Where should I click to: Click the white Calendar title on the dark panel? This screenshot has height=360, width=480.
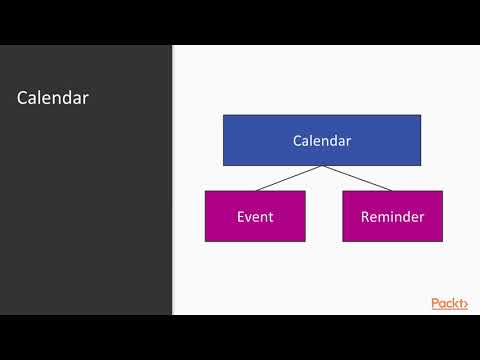click(53, 98)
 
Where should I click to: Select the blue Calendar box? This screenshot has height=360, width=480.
click(321, 140)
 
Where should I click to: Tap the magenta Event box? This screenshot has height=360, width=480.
click(255, 216)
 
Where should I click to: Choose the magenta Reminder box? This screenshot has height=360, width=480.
click(392, 216)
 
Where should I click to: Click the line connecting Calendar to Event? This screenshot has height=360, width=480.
click(288, 178)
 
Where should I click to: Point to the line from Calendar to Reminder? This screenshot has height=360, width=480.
click(356, 178)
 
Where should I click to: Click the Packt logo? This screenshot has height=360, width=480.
click(449, 304)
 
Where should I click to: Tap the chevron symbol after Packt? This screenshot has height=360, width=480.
click(464, 304)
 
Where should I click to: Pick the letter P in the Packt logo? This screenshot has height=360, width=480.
click(435, 304)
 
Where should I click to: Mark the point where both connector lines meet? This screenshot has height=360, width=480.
click(322, 166)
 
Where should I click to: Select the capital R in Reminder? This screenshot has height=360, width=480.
click(365, 216)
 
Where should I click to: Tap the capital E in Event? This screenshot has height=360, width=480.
click(241, 216)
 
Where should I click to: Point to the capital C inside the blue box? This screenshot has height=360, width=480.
click(297, 141)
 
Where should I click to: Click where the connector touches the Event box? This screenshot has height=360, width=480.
click(255, 190)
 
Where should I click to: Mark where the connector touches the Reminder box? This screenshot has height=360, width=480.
click(391, 190)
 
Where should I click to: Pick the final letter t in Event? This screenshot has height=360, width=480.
click(271, 216)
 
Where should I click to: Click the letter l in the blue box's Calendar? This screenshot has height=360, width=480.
click(314, 141)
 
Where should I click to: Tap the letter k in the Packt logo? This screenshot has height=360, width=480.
click(453, 304)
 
